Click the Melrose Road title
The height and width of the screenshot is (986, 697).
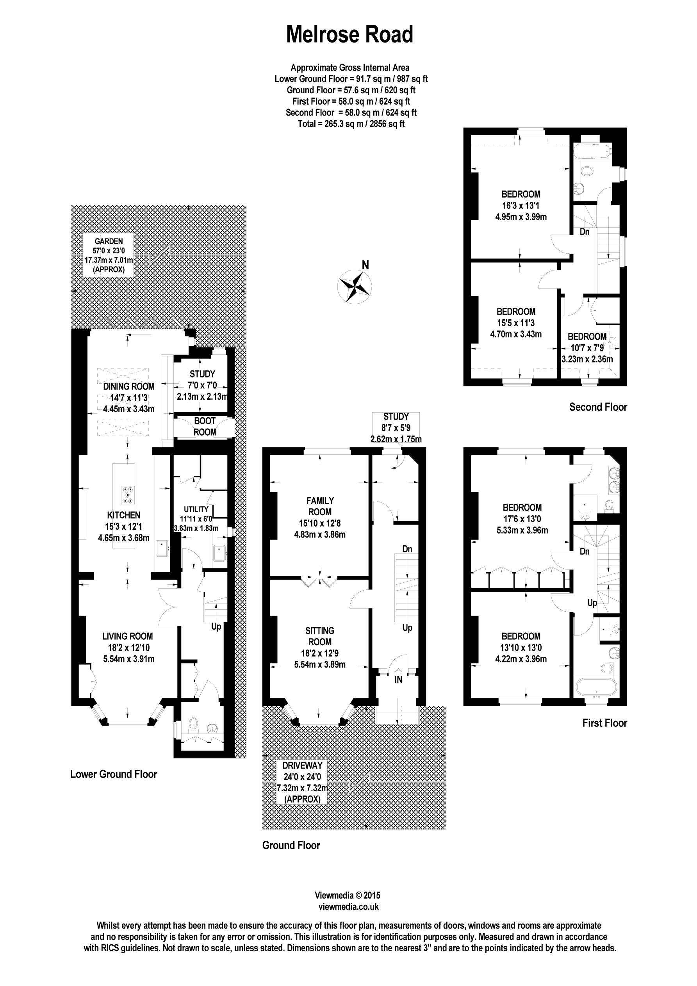pos(349,34)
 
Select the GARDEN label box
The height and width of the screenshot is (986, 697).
pos(108,255)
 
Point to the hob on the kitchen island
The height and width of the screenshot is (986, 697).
pos(128,494)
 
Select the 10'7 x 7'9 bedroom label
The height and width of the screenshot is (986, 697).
pos(587,347)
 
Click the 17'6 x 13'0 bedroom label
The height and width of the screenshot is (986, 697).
pos(522,518)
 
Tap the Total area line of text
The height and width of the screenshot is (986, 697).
pos(351,124)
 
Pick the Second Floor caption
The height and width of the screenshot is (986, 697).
pos(598,407)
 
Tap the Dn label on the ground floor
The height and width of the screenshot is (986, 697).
pos(407,549)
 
